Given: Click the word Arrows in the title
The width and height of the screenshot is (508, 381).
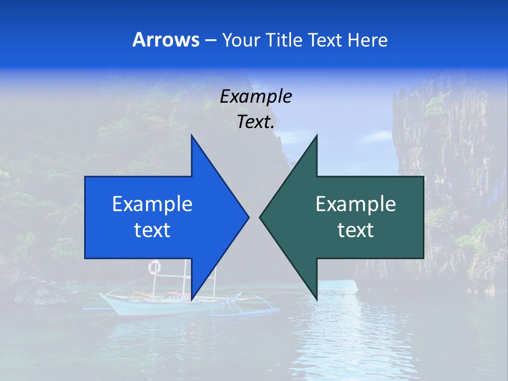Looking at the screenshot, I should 166,40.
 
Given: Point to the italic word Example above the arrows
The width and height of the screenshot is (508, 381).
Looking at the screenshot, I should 256,96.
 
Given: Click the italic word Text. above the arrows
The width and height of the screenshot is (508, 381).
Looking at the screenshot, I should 256,122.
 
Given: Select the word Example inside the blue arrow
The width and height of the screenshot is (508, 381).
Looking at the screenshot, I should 152,204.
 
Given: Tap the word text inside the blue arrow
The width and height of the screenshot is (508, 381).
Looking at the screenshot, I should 152,230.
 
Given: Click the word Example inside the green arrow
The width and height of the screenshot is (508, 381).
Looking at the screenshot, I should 356,204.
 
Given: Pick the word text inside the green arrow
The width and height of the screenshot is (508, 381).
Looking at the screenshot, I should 356,230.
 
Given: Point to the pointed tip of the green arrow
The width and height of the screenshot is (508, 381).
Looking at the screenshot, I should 260,217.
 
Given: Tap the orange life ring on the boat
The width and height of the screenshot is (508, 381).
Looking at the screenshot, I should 154,267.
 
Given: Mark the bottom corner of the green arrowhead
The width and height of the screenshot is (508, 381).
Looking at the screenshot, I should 316,298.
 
